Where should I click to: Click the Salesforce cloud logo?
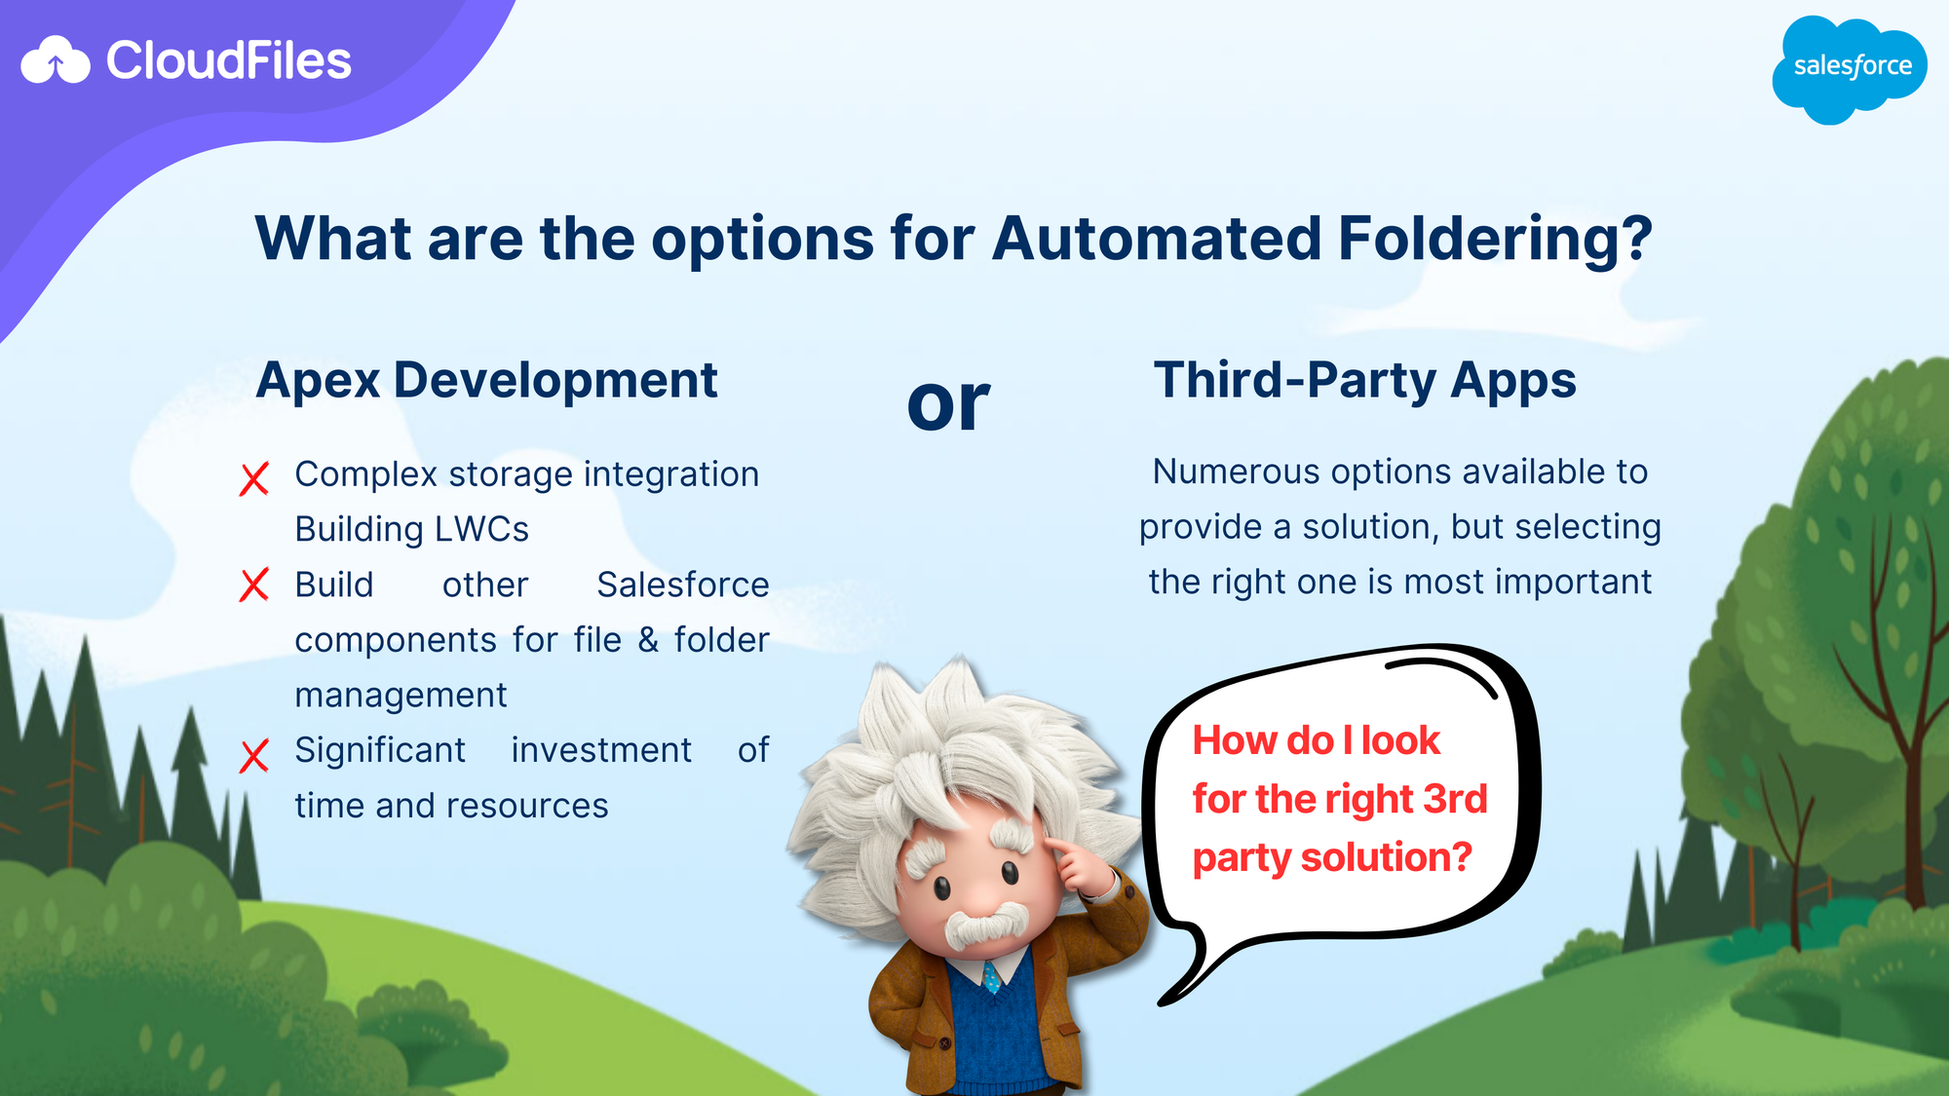pos(1850,69)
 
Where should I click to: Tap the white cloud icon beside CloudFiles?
pos(56,60)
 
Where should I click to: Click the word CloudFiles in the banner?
pos(228,60)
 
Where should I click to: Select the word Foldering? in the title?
pos(1495,239)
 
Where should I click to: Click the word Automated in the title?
pos(1157,239)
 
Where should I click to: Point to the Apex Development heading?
pos(486,381)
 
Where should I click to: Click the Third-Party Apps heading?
pos(1364,380)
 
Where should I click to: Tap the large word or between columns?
pos(948,404)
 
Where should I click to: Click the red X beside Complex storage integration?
pos(254,478)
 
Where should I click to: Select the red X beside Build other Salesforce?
pos(254,586)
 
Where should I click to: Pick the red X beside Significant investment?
pos(254,755)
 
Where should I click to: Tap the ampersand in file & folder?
pos(648,640)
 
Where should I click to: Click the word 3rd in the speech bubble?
pos(1455,799)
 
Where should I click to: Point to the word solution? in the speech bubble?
pos(1386,857)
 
